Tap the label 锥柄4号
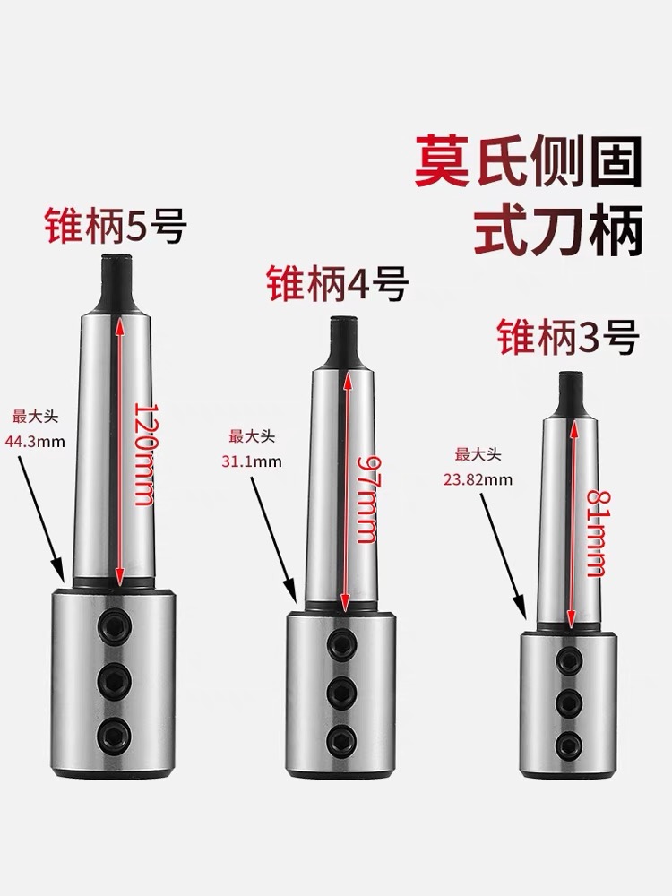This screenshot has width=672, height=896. (337, 285)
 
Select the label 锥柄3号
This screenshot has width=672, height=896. (566, 340)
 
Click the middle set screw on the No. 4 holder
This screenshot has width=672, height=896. (340, 690)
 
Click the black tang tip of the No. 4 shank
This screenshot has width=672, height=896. (340, 341)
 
